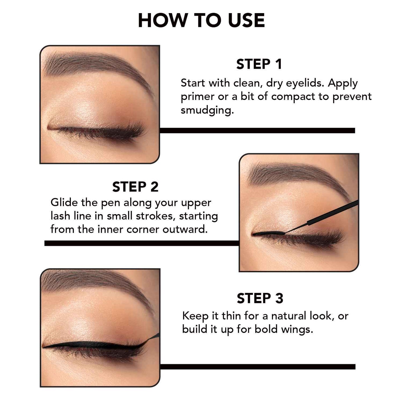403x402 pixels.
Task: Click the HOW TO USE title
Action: [201, 21]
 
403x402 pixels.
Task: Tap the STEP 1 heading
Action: [259, 64]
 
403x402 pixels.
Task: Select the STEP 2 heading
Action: [135, 187]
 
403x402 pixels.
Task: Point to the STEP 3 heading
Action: [260, 298]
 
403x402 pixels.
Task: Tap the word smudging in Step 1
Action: [207, 110]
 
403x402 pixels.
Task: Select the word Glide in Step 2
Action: [64, 202]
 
